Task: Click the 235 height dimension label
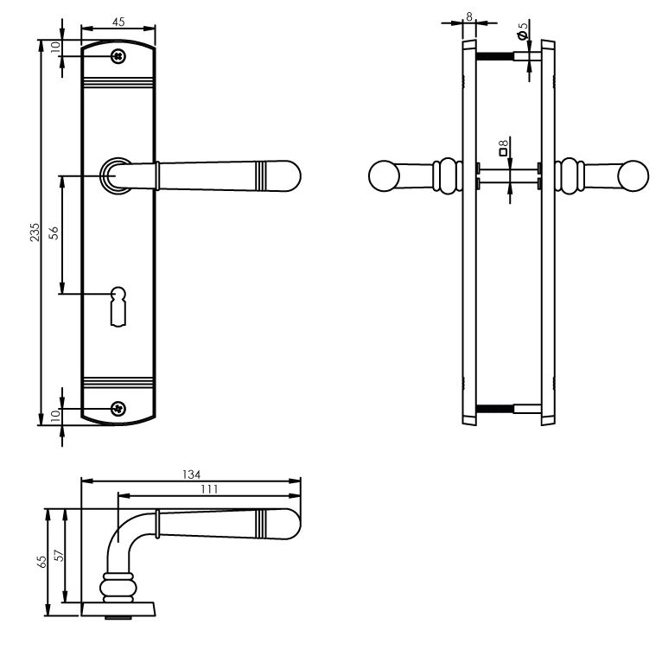tap(34, 233)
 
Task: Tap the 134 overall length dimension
tap(191, 474)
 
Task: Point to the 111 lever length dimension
tap(208, 489)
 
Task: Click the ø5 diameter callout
tap(522, 32)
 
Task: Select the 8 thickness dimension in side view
tap(468, 16)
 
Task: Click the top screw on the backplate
tap(118, 56)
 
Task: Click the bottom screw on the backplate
tap(118, 408)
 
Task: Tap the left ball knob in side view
tap(383, 176)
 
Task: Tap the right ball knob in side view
tap(633, 176)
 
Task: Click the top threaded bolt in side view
tap(496, 57)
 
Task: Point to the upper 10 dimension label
tap(54, 48)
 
